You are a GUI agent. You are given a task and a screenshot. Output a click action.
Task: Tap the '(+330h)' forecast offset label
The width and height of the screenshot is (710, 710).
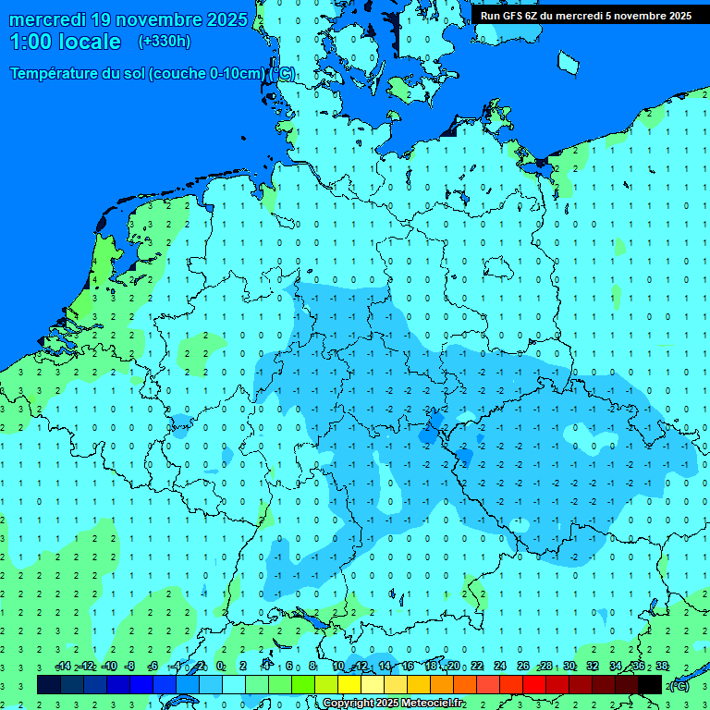coord(164,41)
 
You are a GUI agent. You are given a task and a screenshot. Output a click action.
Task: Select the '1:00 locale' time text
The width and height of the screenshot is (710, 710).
coord(66,42)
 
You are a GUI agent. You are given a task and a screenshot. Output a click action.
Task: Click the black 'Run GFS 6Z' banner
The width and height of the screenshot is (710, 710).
coord(586,15)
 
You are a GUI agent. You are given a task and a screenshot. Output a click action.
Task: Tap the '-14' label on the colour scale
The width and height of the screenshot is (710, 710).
coord(63,667)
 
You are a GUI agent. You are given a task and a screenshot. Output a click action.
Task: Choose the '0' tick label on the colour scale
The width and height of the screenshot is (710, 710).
coord(220,667)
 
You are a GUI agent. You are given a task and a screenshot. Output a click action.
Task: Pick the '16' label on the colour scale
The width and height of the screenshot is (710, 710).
coord(408,667)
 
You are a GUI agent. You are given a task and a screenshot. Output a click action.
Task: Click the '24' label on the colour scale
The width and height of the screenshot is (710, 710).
coord(500,667)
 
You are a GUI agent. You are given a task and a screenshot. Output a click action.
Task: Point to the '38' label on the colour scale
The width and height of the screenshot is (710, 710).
coord(662,667)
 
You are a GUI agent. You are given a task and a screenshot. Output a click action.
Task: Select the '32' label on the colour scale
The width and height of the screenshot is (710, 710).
coord(593,667)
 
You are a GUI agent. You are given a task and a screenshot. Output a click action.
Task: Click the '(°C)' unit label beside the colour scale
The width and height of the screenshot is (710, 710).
coord(679,685)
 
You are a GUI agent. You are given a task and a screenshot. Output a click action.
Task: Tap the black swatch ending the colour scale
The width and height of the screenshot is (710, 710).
coord(650,685)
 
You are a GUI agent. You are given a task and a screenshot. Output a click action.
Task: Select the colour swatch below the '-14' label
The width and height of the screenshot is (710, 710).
coord(49,685)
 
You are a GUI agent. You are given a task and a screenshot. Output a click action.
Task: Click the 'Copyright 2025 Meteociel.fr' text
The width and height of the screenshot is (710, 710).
coord(393,704)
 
